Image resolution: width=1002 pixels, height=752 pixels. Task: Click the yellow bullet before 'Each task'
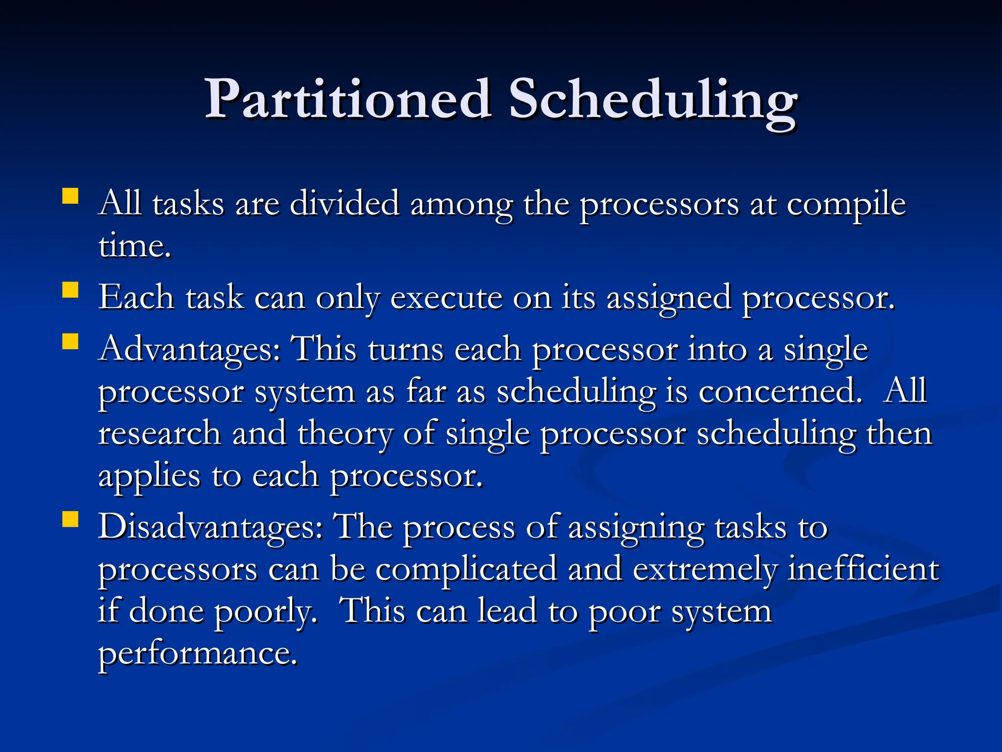70,290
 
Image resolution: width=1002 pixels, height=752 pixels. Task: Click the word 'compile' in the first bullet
846,205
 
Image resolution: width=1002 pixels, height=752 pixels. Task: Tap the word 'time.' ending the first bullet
135,246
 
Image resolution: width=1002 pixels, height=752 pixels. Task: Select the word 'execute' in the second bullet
446,298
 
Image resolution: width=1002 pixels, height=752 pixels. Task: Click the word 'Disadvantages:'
210,528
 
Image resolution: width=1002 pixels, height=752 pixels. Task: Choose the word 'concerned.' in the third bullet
780,392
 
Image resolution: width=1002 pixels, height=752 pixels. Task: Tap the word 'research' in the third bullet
159,434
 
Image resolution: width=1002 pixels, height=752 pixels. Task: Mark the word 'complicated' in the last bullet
466,570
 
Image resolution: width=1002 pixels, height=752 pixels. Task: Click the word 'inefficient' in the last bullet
864,569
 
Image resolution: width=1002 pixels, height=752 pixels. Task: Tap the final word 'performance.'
198,654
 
